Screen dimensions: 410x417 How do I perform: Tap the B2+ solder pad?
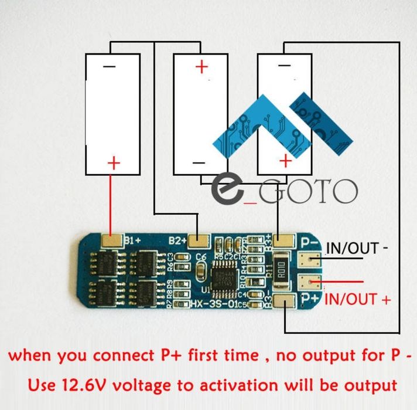(x=200, y=240)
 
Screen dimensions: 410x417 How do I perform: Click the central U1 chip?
(x=225, y=276)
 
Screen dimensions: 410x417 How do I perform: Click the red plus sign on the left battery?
(x=113, y=162)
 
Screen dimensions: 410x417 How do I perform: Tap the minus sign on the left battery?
(x=110, y=66)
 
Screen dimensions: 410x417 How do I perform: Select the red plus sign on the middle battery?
(x=201, y=66)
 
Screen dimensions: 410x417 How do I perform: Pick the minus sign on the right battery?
(x=284, y=66)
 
